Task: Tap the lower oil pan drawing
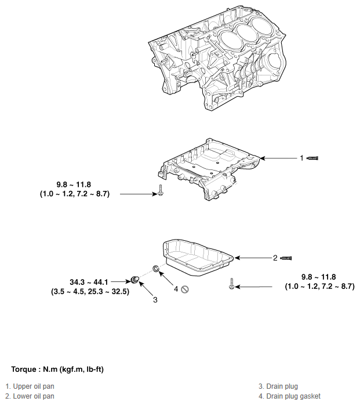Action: coord(197,258)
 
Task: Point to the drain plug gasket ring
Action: coord(155,268)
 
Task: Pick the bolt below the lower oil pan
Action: coord(231,284)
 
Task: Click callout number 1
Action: coord(301,157)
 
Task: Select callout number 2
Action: coord(275,258)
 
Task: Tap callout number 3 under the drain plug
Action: coord(155,300)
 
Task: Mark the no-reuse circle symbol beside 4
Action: coord(185,289)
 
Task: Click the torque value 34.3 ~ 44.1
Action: coord(90,281)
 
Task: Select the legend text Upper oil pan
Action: coord(32,386)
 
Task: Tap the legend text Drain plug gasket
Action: coord(289,396)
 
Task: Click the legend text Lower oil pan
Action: coord(32,396)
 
